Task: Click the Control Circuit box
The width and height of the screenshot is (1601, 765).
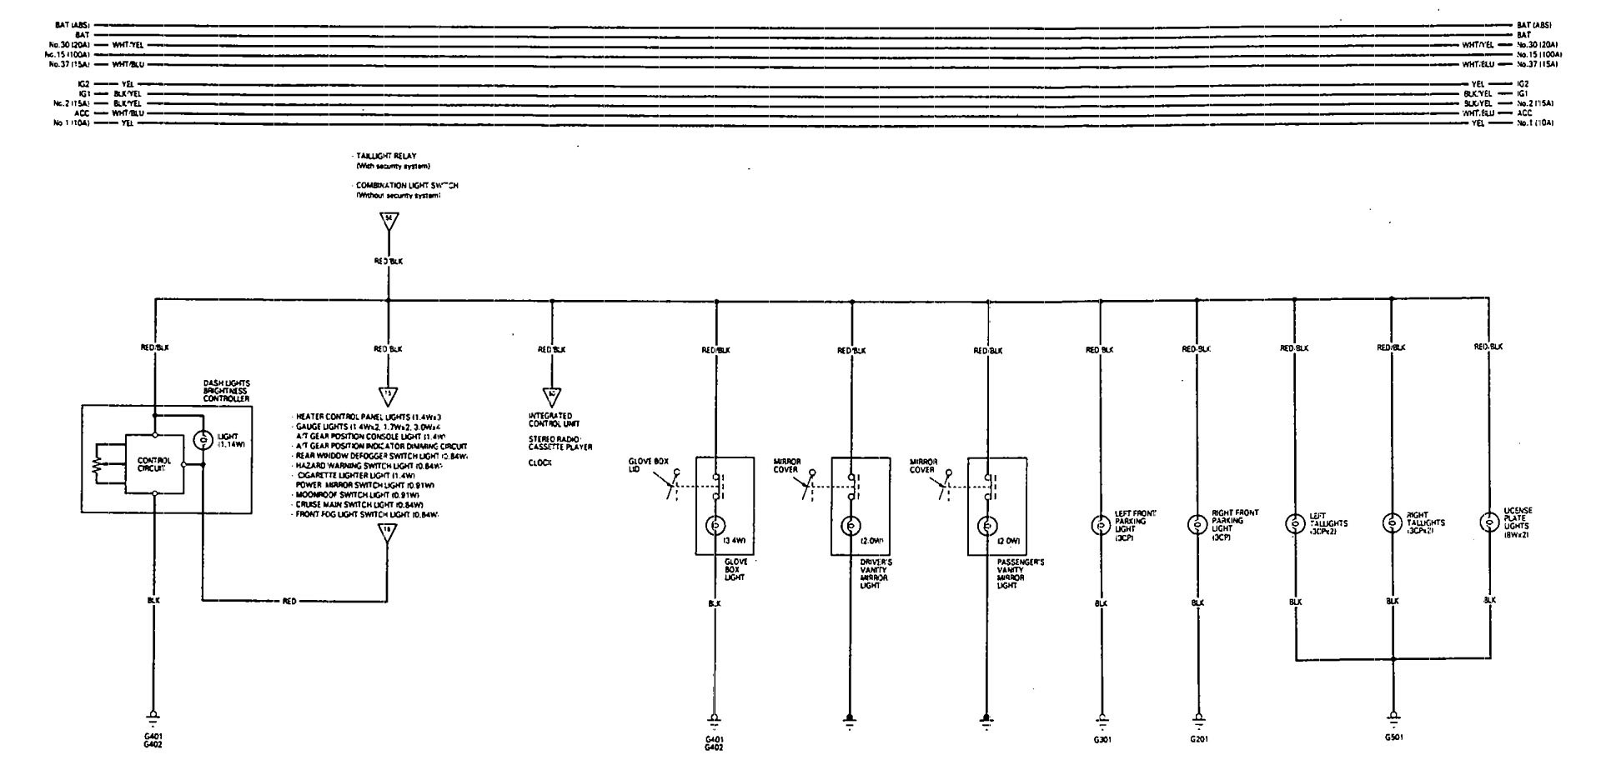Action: click(154, 464)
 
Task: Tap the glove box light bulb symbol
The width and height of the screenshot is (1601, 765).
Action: click(715, 526)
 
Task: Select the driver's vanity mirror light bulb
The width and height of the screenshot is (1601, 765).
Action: click(851, 526)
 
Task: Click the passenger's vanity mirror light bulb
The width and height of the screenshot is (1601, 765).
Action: click(986, 526)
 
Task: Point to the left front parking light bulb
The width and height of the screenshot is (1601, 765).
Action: click(1099, 525)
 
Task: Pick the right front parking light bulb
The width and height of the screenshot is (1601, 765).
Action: click(1197, 525)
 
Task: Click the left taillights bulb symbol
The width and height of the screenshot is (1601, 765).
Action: click(1294, 523)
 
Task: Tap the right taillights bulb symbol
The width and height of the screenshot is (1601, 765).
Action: click(1391, 523)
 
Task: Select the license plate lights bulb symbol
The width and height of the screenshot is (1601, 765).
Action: click(1488, 522)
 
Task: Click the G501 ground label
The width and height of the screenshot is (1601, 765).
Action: click(1393, 737)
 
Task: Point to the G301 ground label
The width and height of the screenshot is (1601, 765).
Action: click(1100, 738)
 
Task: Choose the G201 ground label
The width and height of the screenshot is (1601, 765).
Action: click(1197, 738)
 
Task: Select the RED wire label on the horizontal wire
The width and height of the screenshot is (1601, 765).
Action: click(289, 600)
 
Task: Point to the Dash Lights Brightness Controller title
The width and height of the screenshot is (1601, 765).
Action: click(227, 391)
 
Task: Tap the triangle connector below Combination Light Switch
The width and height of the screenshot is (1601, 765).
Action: click(388, 222)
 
